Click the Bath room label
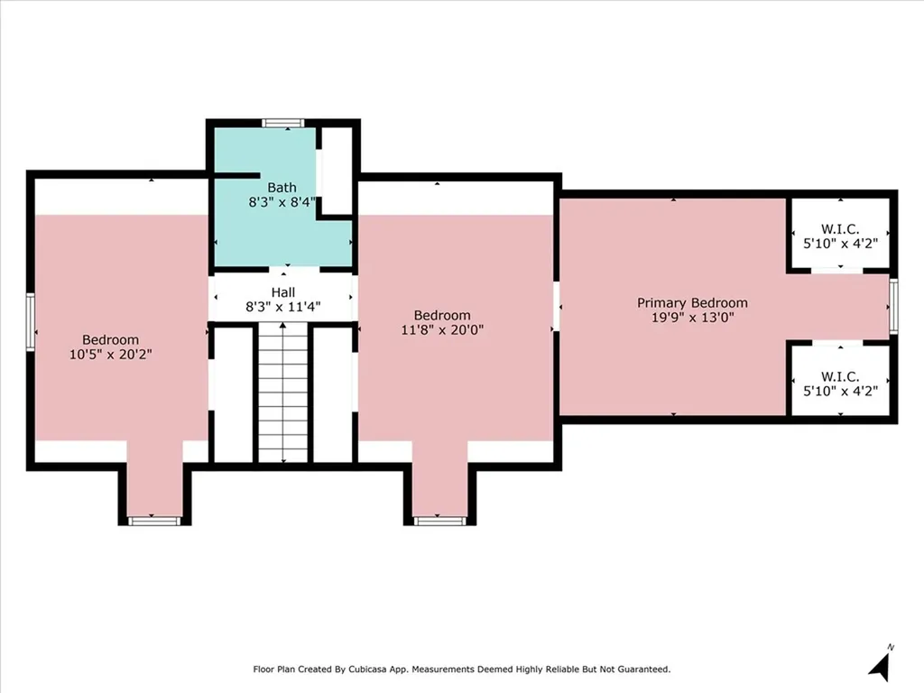coord(282,188)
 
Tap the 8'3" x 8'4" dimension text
coord(282,202)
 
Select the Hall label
coord(282,292)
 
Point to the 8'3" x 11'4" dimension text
coord(282,307)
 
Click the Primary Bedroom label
coord(692,303)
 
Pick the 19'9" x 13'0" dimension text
coord(692,318)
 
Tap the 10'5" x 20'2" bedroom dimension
coord(111,354)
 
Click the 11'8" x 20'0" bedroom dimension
coord(442,329)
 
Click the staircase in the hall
coord(283,393)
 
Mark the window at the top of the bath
coord(283,123)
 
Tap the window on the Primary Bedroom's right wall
coord(893,307)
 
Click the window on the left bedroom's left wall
coord(31,322)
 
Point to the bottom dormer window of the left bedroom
coord(154,521)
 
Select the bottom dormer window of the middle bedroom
coord(439,521)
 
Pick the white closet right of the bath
coord(337,171)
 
